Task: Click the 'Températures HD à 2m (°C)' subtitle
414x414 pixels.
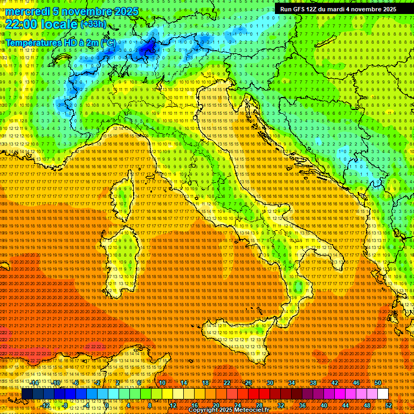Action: pyautogui.click(x=60, y=43)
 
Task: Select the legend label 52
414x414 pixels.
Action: pyautogui.click(x=389, y=405)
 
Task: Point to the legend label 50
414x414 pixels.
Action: pyautogui.click(x=378, y=383)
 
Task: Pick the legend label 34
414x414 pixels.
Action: pyautogui.click(x=292, y=383)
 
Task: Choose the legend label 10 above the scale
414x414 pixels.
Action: pyautogui.click(x=162, y=383)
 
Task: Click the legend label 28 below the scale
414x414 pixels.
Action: pyautogui.click(x=259, y=405)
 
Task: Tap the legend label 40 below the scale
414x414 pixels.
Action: pyautogui.click(x=324, y=405)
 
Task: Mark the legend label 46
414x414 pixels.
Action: pyautogui.click(x=356, y=383)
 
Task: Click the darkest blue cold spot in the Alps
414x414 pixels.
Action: pyautogui.click(x=147, y=50)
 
